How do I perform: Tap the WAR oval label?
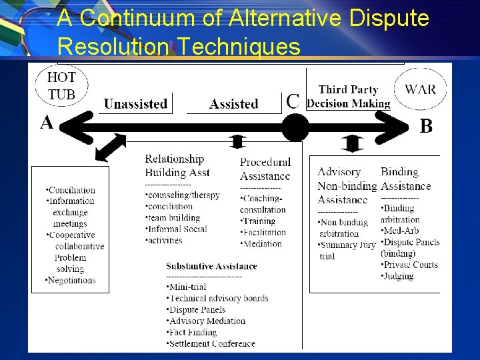tap(421, 89)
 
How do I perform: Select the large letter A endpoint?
tap(47, 123)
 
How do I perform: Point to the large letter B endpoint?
tap(425, 127)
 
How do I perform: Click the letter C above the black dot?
tap(293, 101)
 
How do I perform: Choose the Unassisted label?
tap(135, 104)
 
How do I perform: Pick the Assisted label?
tap(233, 104)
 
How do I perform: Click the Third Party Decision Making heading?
tap(349, 96)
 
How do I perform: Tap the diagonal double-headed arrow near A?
tap(110, 147)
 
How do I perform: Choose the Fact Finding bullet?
tap(192, 332)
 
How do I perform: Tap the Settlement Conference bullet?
tap(211, 343)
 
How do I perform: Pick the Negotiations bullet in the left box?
tap(71, 280)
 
